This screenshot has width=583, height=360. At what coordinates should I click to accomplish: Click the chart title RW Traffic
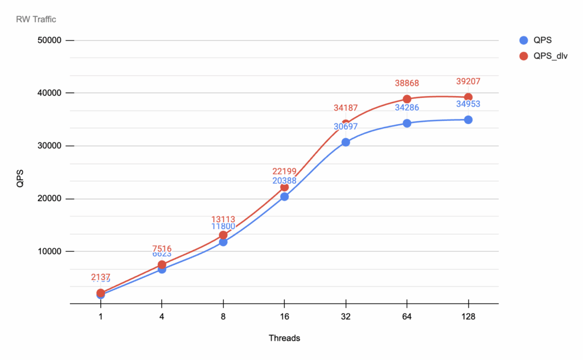36,19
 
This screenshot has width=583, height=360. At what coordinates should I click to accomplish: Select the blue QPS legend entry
537,40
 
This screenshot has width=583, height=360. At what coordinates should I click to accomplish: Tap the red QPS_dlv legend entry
544,56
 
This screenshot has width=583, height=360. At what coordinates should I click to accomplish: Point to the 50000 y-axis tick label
50,40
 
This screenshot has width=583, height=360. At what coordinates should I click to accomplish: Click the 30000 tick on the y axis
50,146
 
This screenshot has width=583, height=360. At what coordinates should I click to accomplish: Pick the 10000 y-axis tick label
50,251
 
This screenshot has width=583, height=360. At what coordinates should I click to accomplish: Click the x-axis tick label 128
468,317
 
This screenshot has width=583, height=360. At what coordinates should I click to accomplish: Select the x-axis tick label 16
284,317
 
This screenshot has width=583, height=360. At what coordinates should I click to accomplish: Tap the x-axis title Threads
284,338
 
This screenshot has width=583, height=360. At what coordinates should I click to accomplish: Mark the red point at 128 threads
468,97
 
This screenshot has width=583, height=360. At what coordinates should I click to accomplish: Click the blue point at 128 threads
468,120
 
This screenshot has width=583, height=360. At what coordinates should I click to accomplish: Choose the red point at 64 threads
407,99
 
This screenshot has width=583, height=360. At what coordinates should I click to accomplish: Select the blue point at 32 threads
346,142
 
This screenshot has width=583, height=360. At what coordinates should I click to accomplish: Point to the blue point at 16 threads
284,197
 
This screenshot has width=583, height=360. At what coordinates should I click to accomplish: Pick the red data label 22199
284,171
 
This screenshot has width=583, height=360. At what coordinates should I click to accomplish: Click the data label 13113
223,219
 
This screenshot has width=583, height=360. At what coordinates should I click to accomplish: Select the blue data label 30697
346,126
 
